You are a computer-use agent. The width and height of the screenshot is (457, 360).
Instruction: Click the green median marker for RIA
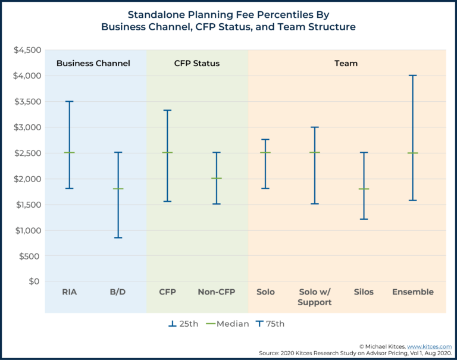pyautogui.click(x=69, y=153)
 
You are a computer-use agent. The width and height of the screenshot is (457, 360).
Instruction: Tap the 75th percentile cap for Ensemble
pyautogui.click(x=413, y=76)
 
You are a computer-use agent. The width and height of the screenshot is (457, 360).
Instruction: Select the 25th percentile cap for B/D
pyautogui.click(x=118, y=237)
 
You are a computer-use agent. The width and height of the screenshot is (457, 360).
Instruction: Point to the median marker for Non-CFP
pyautogui.click(x=216, y=179)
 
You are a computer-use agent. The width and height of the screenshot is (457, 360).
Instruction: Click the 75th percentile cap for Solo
pyautogui.click(x=265, y=139)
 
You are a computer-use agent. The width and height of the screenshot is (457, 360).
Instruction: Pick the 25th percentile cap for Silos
pyautogui.click(x=364, y=219)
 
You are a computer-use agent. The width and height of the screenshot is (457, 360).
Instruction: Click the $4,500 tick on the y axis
pyautogui.click(x=27, y=50)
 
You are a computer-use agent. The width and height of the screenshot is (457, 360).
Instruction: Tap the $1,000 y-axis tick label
pyautogui.click(x=27, y=230)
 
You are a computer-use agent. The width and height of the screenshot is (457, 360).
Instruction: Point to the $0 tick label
pyautogui.click(x=35, y=281)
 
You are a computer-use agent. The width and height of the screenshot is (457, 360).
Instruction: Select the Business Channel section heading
pyautogui.click(x=93, y=63)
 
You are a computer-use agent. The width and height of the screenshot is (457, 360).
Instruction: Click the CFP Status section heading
pyautogui.click(x=196, y=63)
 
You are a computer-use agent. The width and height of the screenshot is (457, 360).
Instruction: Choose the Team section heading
pyautogui.click(x=346, y=63)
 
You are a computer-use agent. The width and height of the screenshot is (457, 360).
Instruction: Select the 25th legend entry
pyautogui.click(x=183, y=324)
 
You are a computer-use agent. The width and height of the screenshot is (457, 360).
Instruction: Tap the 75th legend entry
pyautogui.click(x=270, y=324)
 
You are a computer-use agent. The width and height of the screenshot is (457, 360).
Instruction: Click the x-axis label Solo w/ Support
pyautogui.click(x=314, y=297)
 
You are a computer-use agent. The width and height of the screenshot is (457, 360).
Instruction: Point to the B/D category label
pyautogui.click(x=118, y=292)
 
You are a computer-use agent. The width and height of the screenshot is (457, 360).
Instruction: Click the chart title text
pyautogui.click(x=228, y=20)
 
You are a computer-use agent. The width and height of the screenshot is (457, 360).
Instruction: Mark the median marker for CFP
pyautogui.click(x=167, y=153)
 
